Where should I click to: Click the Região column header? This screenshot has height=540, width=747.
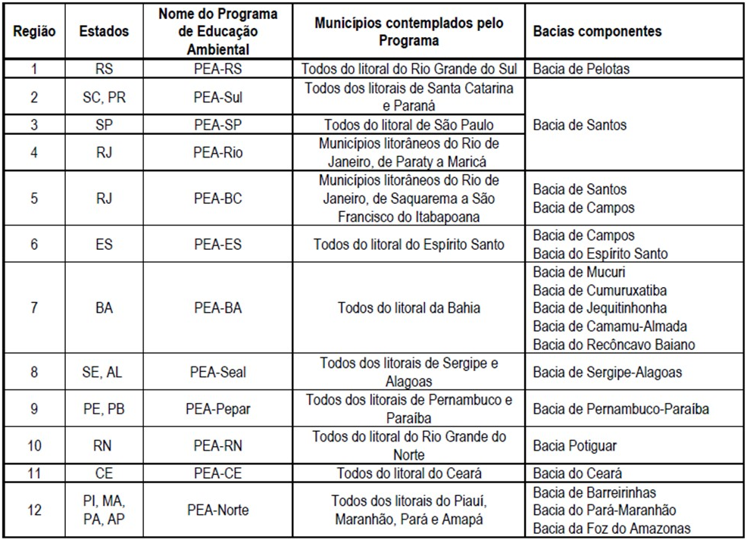tap(33, 32)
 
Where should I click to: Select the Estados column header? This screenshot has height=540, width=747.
tap(104, 32)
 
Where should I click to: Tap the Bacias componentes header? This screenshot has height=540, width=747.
tap(597, 32)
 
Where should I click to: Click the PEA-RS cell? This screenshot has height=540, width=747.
tap(218, 69)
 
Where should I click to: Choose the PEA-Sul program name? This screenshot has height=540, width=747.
tap(218, 98)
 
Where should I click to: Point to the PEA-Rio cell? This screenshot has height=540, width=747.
tap(218, 152)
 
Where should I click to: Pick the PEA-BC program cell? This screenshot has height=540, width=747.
tap(218, 198)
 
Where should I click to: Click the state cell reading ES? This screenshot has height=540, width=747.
tap(104, 245)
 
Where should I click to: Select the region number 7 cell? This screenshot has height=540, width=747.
tap(33, 308)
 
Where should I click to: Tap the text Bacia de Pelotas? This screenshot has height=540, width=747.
tap(581, 69)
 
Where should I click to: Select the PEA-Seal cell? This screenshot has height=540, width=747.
tap(218, 372)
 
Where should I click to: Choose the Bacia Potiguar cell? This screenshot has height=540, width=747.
tap(574, 446)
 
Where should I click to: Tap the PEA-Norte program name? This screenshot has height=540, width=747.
tap(218, 510)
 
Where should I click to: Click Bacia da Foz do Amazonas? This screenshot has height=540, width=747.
tap(611, 528)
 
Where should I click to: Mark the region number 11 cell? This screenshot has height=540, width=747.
tap(33, 473)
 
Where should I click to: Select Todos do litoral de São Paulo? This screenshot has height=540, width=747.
tap(409, 125)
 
